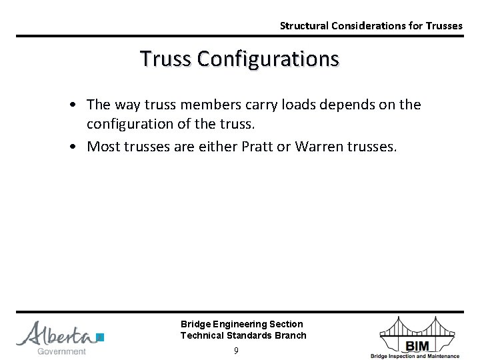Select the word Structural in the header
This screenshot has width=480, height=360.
point(303,26)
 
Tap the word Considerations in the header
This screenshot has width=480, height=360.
point(371,26)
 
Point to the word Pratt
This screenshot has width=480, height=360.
point(271,146)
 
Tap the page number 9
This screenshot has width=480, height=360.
point(236,351)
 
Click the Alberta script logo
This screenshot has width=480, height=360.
point(57,333)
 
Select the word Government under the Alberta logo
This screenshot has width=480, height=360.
point(62,351)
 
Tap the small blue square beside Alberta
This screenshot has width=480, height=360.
point(101,337)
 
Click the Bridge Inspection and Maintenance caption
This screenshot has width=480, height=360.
point(424,356)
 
